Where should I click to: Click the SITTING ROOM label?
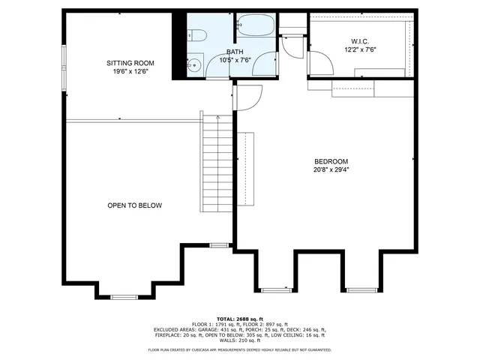[130, 63]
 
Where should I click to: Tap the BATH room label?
[235, 52]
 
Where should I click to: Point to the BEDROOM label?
[331, 161]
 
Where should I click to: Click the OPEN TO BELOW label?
[134, 205]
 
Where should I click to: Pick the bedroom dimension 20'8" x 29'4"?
[331, 169]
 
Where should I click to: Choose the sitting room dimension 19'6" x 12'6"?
[130, 72]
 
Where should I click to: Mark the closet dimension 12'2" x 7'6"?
[359, 49]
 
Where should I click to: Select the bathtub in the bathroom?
[255, 26]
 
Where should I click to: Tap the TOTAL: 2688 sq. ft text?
[240, 319]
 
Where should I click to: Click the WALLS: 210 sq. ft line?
[240, 340]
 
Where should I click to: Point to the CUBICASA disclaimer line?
[240, 349]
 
